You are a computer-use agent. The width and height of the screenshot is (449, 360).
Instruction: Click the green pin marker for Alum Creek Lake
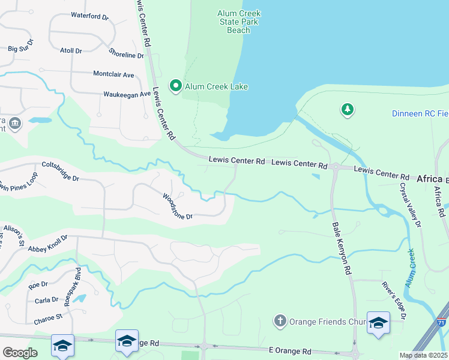point(176,86)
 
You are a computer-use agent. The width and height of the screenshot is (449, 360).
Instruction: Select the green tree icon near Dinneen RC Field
point(347,109)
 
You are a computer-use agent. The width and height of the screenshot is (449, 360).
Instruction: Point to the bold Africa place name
point(429,179)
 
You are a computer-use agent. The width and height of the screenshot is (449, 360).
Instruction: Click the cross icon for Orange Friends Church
point(280,321)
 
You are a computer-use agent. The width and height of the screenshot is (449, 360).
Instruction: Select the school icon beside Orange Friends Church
point(378,323)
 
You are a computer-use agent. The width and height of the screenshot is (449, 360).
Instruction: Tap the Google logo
point(20,352)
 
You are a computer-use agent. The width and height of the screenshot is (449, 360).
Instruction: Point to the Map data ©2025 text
point(423,355)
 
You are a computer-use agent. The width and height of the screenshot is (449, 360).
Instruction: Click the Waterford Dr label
point(89,16)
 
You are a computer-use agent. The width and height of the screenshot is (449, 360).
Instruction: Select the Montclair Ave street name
point(113,74)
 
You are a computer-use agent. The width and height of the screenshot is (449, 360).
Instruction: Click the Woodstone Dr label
point(177,206)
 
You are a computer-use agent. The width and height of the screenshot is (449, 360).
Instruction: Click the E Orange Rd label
point(290,350)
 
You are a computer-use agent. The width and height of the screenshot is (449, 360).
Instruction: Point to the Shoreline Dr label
point(127,53)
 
